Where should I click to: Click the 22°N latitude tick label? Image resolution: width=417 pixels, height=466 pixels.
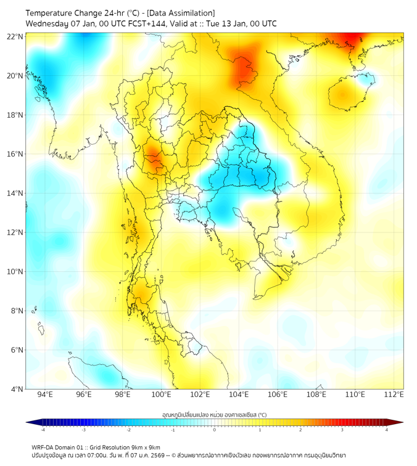click(15, 36)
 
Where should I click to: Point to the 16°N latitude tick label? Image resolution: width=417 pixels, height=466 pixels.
click(15, 154)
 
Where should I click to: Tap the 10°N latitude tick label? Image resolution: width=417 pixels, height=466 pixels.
click(15, 272)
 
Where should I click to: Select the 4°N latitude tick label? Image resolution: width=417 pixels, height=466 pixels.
click(17, 390)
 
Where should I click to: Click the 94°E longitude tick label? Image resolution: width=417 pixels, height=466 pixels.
click(45, 395)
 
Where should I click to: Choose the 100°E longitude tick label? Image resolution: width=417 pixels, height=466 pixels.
click(161, 395)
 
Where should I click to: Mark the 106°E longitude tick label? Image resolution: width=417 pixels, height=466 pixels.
click(278, 395)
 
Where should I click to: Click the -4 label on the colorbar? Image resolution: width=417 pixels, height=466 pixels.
click(42, 430)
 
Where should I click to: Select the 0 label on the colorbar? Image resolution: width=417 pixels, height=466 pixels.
click(215, 430)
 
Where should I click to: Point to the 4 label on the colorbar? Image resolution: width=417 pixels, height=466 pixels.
click(387, 430)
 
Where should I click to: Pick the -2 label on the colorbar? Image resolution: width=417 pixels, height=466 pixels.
click(128, 430)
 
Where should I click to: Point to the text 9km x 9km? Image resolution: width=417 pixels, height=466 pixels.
click(144, 447)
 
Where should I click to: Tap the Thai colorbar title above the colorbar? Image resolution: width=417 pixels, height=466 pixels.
click(214, 415)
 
